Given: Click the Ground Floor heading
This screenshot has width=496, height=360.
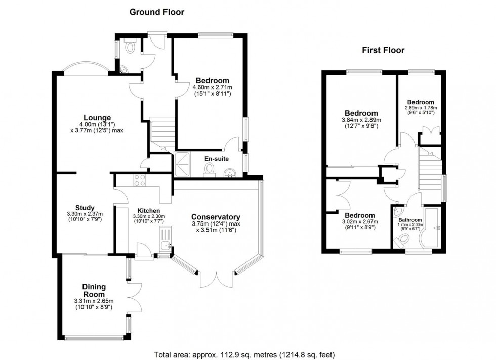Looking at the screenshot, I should click(157, 12).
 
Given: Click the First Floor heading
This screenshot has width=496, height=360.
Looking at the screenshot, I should click(383, 50).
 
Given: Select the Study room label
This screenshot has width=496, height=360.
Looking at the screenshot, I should click(85, 207).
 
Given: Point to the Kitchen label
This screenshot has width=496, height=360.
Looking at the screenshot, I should click(148, 211).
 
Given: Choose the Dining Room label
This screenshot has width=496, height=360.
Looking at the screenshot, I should click(94, 290).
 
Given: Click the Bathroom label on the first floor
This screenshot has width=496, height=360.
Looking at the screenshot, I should click(409, 220).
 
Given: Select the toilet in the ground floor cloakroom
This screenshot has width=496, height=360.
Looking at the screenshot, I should click(131, 47).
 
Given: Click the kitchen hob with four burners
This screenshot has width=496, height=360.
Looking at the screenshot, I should click(139, 179).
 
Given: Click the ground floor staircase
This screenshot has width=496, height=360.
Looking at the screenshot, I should click(162, 132).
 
